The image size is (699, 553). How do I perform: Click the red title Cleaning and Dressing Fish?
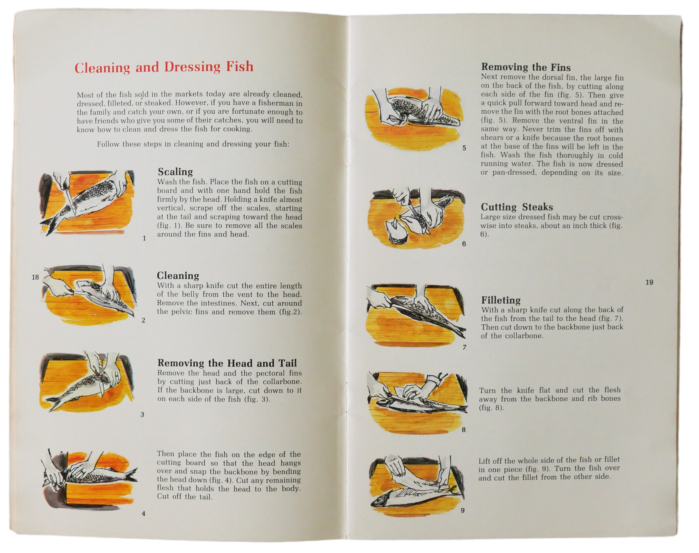(x=164, y=67)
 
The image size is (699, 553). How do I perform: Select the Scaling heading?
(x=175, y=172)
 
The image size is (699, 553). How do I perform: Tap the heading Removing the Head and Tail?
(x=227, y=363)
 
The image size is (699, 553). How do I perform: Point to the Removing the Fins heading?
(x=526, y=67)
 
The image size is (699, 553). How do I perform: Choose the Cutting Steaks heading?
(x=517, y=207)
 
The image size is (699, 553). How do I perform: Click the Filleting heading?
(x=501, y=300)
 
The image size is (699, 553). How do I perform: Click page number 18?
(x=35, y=277)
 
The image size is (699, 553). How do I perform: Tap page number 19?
(x=649, y=282)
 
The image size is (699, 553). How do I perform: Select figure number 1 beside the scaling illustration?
(x=144, y=238)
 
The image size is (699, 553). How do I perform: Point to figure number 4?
(x=143, y=514)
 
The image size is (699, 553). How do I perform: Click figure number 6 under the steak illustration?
(x=464, y=244)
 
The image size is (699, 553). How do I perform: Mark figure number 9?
(x=463, y=510)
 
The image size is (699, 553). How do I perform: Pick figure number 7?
(x=465, y=347)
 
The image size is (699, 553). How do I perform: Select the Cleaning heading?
(x=178, y=275)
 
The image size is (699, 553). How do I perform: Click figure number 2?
(x=143, y=320)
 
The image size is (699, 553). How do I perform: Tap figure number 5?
(x=464, y=148)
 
